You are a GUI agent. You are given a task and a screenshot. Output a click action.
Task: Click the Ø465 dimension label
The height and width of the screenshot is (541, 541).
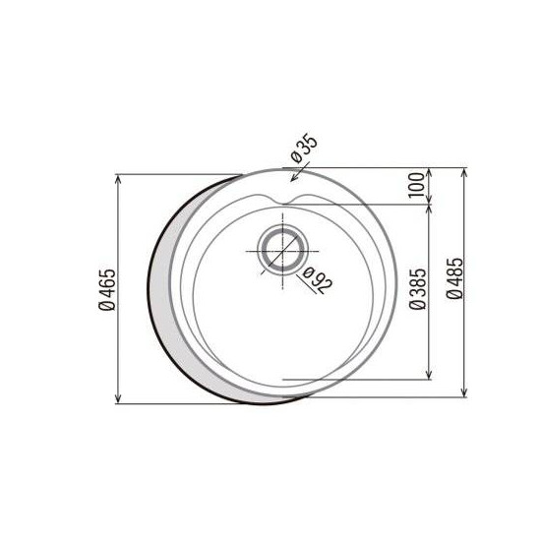tap(107, 289)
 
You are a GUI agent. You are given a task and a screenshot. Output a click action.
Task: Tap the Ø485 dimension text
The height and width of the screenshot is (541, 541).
tap(454, 278)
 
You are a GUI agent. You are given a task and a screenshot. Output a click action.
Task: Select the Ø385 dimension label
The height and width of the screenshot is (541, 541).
tap(418, 289)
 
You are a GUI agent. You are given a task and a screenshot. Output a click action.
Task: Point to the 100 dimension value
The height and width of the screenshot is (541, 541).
tap(416, 185)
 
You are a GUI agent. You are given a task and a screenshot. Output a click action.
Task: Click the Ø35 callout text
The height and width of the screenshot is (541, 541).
tap(304, 147)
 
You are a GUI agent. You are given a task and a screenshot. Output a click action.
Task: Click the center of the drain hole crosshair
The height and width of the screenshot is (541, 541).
tap(282, 251)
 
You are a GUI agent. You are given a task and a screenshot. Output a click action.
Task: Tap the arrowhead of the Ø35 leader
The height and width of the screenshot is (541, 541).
tap(293, 178)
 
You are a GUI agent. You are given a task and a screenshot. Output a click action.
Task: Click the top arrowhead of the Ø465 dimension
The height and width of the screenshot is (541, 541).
tap(118, 179)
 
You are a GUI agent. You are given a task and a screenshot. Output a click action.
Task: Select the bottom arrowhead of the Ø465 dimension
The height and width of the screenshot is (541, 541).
tap(118, 398)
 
